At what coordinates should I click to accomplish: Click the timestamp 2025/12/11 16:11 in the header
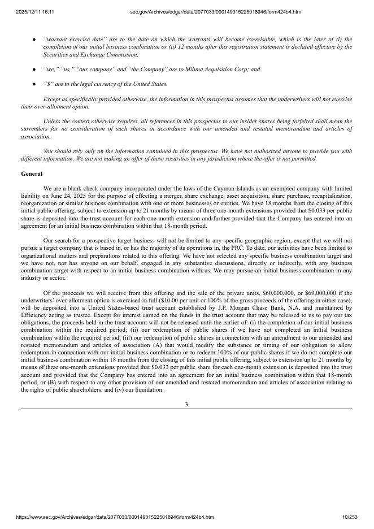coord(31,12)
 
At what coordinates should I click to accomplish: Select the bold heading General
coord(32,174)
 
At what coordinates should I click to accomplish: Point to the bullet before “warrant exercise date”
coord(34,40)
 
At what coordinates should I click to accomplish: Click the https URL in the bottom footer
coord(107,517)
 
